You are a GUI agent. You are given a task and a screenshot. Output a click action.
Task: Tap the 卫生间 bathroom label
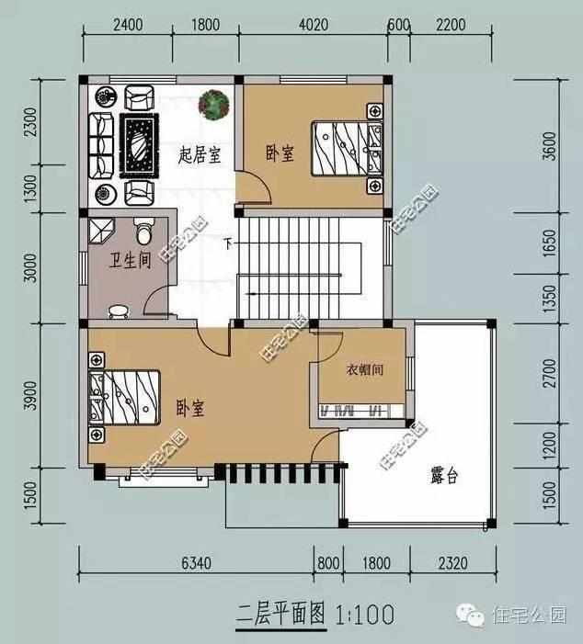point(119,264)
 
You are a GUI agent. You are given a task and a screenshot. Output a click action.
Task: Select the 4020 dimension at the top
point(314,26)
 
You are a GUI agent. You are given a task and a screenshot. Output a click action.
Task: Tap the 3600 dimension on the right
point(550,148)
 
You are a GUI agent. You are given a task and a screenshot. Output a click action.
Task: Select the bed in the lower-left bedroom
point(124,399)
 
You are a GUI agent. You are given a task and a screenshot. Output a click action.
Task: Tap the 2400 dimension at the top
point(128,26)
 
